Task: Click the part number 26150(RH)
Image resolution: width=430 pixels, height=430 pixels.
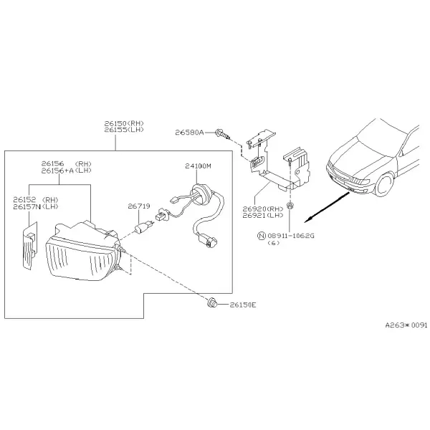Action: point(124,123)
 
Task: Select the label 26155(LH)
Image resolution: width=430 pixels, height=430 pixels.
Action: point(124,130)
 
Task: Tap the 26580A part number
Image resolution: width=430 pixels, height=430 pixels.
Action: point(189,133)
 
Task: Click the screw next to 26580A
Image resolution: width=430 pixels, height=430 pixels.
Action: point(223,134)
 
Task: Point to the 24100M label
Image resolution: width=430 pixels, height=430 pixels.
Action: point(198,166)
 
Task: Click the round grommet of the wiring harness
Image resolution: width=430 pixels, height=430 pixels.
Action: point(201,193)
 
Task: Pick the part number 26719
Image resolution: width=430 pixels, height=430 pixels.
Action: point(139,206)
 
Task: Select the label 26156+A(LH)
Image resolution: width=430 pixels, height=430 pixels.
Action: point(67,171)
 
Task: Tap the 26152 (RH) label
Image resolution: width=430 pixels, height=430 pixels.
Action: point(36,200)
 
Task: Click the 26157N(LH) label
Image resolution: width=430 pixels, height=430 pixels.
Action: point(36,206)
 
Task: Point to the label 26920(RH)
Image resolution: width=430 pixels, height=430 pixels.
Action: point(263,209)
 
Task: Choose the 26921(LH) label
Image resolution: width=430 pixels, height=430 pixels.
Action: point(263,216)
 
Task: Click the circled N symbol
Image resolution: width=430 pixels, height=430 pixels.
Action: point(262,236)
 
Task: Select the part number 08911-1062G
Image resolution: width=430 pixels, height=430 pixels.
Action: point(291,236)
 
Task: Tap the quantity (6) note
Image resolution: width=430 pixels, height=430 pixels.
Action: point(273,243)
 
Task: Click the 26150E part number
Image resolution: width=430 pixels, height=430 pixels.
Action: point(243,305)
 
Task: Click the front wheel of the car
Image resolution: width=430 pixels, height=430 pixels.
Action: point(385,184)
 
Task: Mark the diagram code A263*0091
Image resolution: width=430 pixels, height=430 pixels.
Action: point(406,325)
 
